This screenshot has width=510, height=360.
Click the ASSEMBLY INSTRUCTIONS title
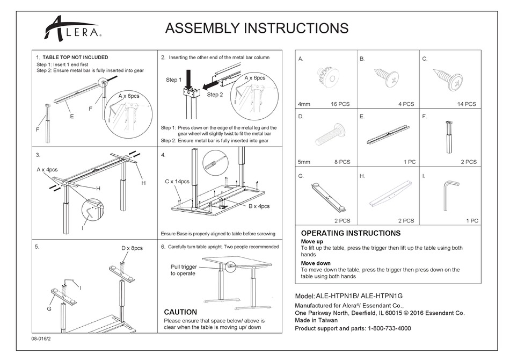coord(257,28)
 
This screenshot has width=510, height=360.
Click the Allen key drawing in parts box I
coord(449,197)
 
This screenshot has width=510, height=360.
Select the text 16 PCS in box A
coord(340,104)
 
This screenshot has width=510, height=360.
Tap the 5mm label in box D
coord(304,162)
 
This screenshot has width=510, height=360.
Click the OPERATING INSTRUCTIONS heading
coord(351,233)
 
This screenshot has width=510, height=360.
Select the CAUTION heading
coord(180,312)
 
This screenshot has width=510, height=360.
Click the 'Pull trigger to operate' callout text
coord(184,270)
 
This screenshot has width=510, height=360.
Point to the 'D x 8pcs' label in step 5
coord(132,248)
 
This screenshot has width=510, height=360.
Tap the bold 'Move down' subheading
coord(316,263)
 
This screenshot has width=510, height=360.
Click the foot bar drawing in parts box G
coord(327,196)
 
